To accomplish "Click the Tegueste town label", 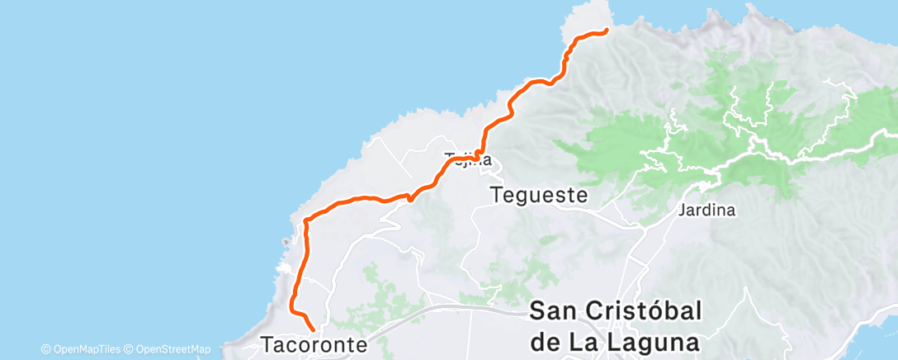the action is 539,196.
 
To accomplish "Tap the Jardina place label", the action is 707,210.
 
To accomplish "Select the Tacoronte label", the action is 314,344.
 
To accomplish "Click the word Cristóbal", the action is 644,311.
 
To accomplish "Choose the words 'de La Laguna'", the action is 615,341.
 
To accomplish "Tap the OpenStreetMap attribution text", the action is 173,349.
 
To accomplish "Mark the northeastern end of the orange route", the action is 606,31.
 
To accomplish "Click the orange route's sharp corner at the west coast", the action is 306,220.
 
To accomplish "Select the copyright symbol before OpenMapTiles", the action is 46,349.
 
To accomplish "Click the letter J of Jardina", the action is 682,210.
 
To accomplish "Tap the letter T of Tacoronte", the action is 267,344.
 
